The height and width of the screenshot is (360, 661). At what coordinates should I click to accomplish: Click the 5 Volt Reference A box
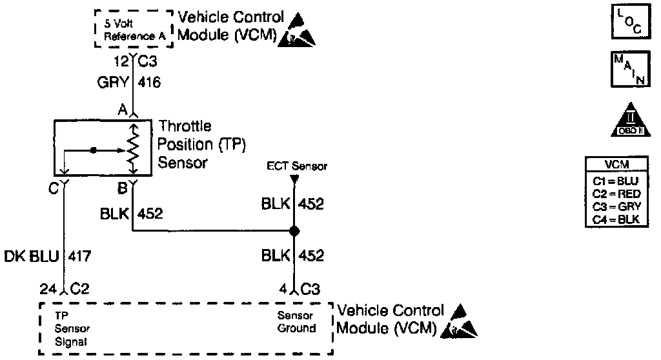point(133,30)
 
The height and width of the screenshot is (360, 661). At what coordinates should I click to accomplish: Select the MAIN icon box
point(624,70)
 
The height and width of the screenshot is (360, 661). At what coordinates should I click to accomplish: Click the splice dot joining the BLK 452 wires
point(294,231)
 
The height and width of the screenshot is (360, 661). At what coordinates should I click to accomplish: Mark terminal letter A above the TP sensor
point(121,110)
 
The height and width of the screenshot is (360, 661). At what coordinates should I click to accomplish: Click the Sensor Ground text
point(296,322)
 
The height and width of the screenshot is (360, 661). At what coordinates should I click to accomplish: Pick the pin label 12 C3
point(132,62)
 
